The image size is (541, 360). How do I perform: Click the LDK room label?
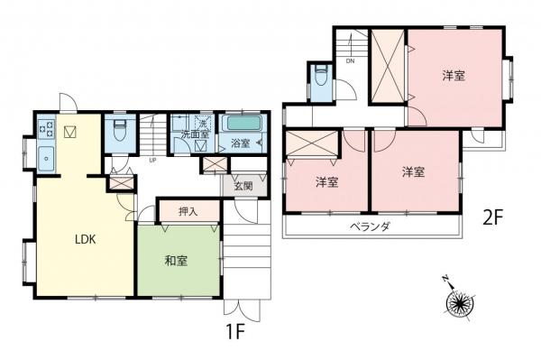click(x=85, y=240)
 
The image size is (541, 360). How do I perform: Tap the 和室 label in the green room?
click(x=176, y=262)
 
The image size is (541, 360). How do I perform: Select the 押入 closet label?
click(x=188, y=211)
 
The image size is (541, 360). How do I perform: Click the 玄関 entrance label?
click(x=244, y=187)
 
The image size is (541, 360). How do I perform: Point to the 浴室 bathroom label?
click(x=241, y=144)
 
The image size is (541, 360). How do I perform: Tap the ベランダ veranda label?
click(x=370, y=226)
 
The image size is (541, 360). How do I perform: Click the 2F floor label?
click(x=491, y=217)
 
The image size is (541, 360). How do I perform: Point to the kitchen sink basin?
click(x=46, y=160)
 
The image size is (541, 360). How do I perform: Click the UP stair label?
click(x=153, y=161)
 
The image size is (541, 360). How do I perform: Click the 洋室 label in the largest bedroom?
click(x=454, y=76)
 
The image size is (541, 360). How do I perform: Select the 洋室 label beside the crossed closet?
click(x=326, y=182)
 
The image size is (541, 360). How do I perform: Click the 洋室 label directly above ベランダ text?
click(x=413, y=171)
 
